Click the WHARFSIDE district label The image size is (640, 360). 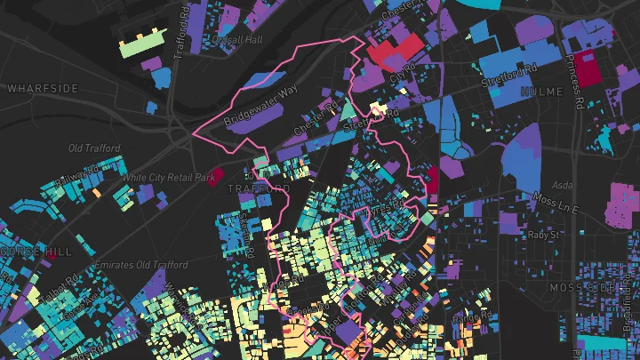tap(43, 89)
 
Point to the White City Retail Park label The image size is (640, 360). tap(169, 178)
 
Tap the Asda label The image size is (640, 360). tap(563, 186)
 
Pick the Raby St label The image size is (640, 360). tap(541, 236)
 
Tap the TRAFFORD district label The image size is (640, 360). tap(258, 189)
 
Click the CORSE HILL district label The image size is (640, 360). tap(36, 252)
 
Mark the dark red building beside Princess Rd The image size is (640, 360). tap(586, 67)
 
